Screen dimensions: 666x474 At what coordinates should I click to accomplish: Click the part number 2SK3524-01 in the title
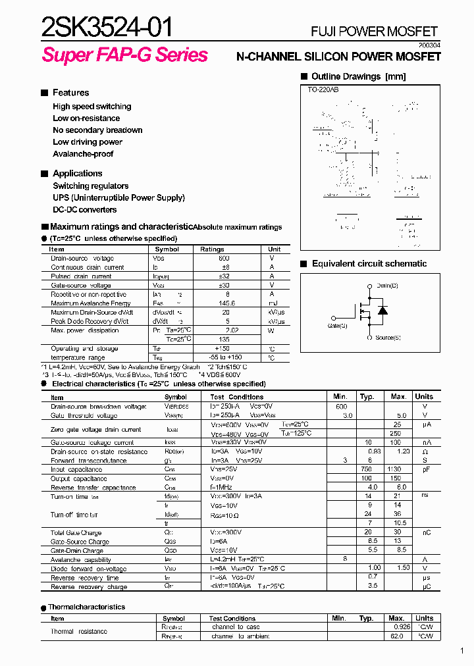[x=107, y=28]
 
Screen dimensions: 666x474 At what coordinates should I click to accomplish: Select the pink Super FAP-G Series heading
[x=125, y=55]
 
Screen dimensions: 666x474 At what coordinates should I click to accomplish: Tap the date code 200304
[x=428, y=44]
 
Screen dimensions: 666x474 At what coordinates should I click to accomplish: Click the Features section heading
[x=70, y=93]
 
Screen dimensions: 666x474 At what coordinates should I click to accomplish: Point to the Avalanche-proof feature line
[x=83, y=154]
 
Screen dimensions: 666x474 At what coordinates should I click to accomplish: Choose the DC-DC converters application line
[x=84, y=210]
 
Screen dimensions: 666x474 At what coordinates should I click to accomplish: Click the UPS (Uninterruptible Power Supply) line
[x=118, y=198]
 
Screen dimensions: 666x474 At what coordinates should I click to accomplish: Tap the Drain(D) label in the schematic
[x=387, y=286]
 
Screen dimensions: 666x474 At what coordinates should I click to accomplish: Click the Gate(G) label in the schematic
[x=338, y=326]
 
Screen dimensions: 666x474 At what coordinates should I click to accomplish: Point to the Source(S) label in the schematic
[x=388, y=338]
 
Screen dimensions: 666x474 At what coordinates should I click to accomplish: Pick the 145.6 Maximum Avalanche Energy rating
[x=226, y=303]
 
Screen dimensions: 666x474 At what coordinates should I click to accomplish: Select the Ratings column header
[x=212, y=249]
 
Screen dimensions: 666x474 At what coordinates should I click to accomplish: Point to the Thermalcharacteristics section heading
[x=86, y=607]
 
